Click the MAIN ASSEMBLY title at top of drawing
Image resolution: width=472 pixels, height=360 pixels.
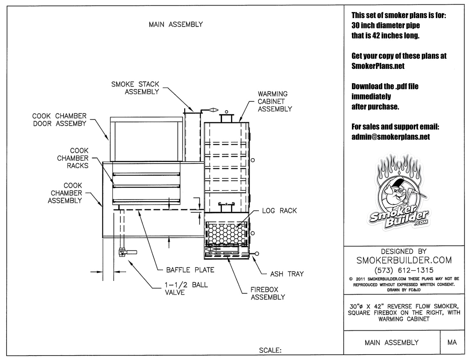pos(176,24)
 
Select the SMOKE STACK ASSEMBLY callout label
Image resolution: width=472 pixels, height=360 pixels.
pos(135,88)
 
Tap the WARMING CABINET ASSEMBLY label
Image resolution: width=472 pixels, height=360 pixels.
pos(274,101)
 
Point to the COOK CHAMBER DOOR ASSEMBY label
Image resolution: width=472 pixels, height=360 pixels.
pos(59,120)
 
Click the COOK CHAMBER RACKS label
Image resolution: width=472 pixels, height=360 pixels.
pos(73,158)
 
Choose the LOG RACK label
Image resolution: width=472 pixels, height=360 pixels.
pos(279,210)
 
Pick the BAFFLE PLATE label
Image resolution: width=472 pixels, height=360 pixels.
pos(190,270)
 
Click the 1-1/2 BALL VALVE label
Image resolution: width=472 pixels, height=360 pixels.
pos(186,288)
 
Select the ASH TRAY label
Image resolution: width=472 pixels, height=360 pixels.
pos(287,274)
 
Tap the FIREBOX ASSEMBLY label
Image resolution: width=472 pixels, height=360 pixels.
pos(268,293)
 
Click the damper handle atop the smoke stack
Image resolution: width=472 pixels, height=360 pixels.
pos(210,110)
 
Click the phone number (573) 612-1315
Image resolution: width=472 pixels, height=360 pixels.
pos(404,270)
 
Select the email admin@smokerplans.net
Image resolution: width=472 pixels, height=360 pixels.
pos(390,137)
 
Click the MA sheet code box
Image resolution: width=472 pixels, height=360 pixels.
pos(452,342)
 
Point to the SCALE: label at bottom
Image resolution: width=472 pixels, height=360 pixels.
pos(270,350)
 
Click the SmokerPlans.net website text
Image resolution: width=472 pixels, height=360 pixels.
pos(378,66)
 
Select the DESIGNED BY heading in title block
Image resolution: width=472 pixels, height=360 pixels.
pos(404,251)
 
